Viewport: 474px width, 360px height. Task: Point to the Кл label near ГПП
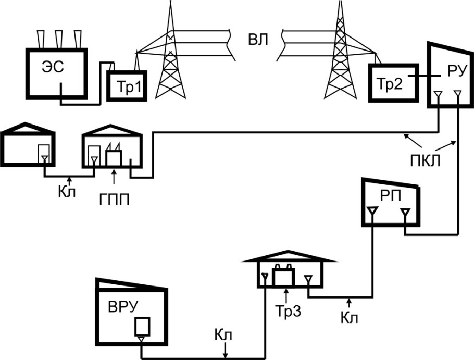click(x=67, y=191)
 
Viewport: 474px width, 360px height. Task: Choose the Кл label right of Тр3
click(x=350, y=317)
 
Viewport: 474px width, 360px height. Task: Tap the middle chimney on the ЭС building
click(x=59, y=39)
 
